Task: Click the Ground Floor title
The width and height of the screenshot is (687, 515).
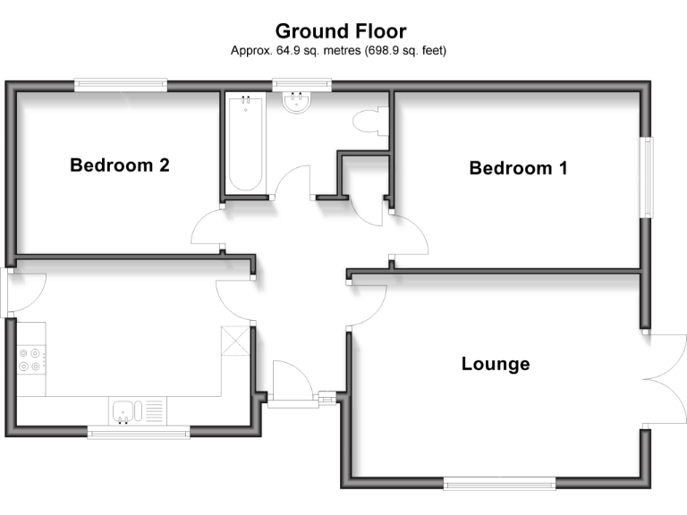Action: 340,32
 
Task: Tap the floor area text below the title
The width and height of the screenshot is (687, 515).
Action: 339,51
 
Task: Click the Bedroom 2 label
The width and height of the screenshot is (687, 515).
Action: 120,165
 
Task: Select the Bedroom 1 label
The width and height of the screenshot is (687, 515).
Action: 518,167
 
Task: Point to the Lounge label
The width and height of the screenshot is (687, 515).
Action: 496,364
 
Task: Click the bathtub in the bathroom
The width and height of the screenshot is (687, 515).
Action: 244,145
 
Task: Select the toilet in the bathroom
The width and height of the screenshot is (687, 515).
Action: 369,122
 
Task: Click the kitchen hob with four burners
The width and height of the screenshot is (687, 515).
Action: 30,359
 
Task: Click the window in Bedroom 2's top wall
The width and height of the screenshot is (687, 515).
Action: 121,85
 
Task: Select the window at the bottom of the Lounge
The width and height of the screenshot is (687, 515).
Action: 499,484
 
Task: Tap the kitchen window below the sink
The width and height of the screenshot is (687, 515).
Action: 139,433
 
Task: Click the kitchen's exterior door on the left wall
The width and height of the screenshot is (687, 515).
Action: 22,291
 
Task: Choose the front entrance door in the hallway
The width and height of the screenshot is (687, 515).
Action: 290,381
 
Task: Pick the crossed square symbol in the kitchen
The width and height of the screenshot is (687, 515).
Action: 234,342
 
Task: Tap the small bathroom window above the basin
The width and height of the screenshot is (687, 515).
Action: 301,86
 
